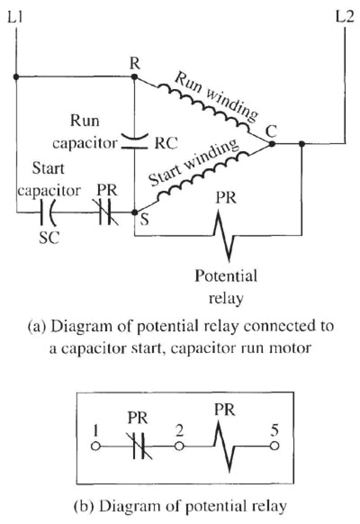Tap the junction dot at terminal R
point(134,77)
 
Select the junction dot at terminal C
point(271,144)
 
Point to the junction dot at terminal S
point(134,212)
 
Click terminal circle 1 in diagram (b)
point(95,447)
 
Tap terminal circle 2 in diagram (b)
point(179,447)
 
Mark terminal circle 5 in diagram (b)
point(274,447)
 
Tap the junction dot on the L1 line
point(16,77)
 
